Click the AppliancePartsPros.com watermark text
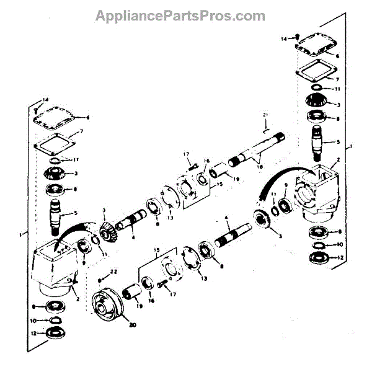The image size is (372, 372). [x=180, y=15]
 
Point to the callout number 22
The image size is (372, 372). [x=113, y=272]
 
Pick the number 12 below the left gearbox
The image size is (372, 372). [x=37, y=334]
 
